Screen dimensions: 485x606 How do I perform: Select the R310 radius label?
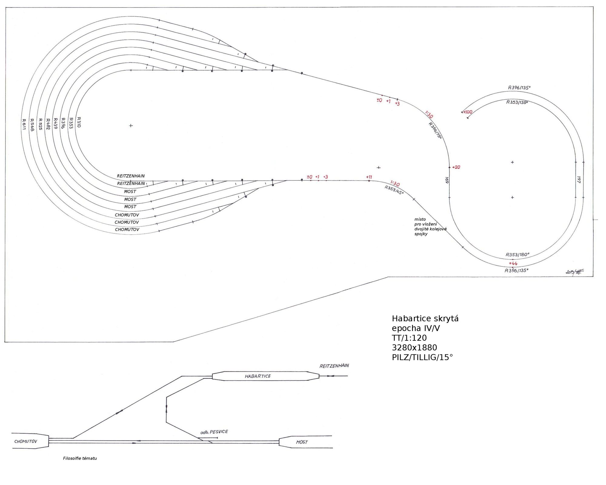tap(79, 122)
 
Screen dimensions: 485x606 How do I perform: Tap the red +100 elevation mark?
tap(468, 112)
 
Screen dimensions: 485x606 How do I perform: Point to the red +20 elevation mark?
tap(456, 167)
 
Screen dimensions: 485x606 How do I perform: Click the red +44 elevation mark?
tap(513, 263)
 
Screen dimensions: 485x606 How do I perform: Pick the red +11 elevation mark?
tap(369, 177)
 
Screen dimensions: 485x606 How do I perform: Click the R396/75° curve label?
tap(435, 130)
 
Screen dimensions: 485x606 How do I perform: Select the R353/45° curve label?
tap(394, 190)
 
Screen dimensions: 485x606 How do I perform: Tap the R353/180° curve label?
tap(517, 255)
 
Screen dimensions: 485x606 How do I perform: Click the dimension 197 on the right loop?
tap(579, 179)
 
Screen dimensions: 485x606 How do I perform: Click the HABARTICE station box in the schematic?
tap(258, 376)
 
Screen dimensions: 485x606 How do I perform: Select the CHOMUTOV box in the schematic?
tap(26, 441)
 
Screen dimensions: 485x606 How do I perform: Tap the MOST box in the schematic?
tap(302, 442)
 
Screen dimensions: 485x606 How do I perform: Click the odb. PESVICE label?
tap(214, 432)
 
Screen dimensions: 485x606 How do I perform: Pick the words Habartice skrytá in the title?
tap(425, 319)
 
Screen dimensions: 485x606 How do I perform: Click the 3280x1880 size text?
tap(414, 348)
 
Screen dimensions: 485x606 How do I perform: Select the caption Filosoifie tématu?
tap(80, 458)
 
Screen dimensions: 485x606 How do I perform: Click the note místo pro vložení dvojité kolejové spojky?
tap(430, 226)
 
